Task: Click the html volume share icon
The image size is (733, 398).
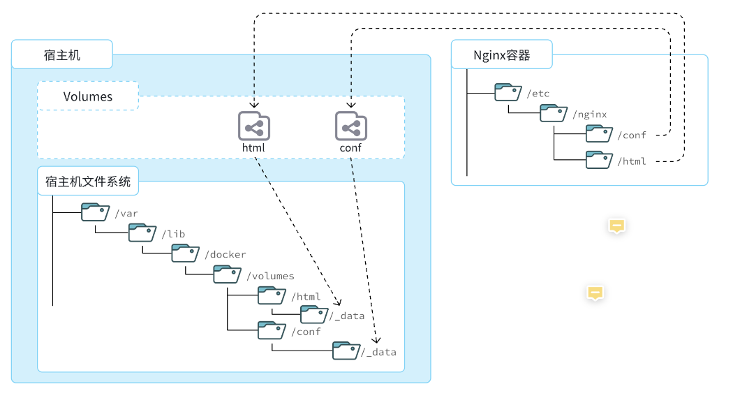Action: click(254, 126)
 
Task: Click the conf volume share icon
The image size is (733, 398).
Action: click(351, 126)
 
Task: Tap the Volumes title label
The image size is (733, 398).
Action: click(88, 96)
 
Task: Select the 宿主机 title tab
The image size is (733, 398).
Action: click(61, 54)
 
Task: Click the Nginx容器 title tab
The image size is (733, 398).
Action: click(501, 54)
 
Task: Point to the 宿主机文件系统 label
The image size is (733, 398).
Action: click(88, 182)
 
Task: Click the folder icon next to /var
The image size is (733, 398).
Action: click(96, 212)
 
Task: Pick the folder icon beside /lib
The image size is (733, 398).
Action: click(142, 233)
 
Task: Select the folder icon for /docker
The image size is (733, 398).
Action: click(186, 253)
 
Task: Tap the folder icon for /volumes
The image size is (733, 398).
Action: click(228, 274)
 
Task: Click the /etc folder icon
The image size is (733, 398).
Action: click(508, 92)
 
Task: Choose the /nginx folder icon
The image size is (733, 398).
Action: click(554, 113)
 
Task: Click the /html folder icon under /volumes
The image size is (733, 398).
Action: click(272, 295)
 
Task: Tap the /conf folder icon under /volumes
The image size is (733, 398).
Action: click(272, 330)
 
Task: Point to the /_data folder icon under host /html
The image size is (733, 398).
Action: click(314, 315)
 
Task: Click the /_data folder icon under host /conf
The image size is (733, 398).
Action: click(346, 351)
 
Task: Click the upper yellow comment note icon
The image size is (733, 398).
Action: click(616, 226)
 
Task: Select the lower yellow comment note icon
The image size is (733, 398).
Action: click(595, 293)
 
